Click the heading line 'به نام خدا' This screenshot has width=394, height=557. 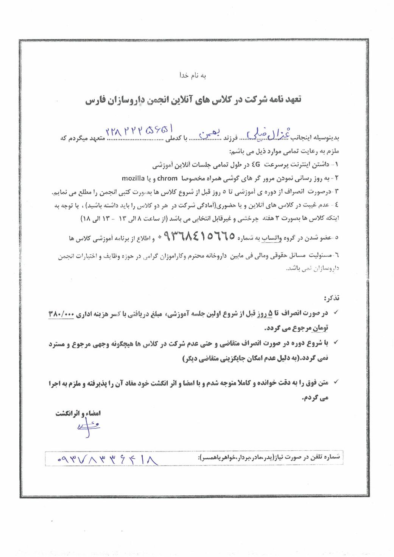pyautogui.click(x=193, y=76)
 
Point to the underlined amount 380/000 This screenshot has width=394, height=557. pyautogui.click(x=61, y=315)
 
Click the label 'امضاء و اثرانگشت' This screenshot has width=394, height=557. pyautogui.click(x=78, y=413)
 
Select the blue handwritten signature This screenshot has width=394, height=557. pyautogui.click(x=85, y=428)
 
